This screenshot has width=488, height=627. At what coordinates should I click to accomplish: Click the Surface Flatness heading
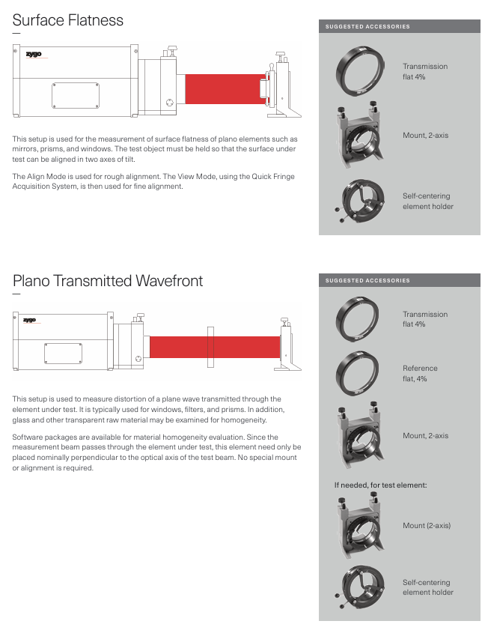coord(67,20)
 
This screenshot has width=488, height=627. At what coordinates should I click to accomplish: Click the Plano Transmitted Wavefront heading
coord(108,281)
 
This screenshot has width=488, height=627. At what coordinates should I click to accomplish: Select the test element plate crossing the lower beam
coord(211,346)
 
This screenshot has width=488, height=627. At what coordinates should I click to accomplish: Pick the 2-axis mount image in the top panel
coord(364,136)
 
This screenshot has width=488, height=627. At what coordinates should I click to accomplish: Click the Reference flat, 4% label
coord(420,373)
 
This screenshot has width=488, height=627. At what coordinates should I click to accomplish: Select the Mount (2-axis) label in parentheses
coord(427,525)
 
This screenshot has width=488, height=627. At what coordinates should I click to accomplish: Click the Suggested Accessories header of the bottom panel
coord(367,281)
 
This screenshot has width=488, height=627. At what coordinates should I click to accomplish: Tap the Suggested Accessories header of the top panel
coord(367,27)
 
